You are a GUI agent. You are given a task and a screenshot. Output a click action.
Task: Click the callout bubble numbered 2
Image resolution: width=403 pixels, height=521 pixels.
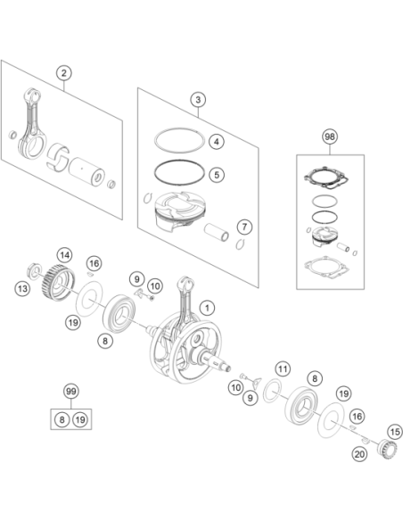point(63,73)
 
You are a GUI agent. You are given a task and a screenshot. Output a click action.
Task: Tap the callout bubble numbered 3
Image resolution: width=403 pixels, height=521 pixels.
point(198,99)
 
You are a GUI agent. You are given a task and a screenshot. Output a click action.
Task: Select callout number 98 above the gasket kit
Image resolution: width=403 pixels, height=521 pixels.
point(330,136)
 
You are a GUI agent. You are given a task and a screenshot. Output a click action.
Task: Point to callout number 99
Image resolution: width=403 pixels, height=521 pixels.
point(71,391)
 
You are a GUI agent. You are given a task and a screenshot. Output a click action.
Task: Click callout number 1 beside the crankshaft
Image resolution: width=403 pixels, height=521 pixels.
point(207,308)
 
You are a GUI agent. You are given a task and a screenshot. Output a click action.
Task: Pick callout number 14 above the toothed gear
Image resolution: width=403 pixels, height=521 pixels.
point(64,255)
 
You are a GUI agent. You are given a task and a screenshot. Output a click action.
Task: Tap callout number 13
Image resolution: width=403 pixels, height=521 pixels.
point(22,288)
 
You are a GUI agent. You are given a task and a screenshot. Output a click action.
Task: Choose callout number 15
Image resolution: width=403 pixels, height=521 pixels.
point(395,432)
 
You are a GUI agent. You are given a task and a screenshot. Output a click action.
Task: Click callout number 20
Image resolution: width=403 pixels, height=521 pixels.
point(359,454)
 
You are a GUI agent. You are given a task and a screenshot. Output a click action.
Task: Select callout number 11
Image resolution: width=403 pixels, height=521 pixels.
point(283,368)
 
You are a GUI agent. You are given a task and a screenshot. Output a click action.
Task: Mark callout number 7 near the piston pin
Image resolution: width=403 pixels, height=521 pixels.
point(244,227)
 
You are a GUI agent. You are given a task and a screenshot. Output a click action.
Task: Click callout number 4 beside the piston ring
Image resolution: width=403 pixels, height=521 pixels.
point(217,142)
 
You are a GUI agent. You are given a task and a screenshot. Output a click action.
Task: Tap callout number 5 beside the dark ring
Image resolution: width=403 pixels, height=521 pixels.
point(217,175)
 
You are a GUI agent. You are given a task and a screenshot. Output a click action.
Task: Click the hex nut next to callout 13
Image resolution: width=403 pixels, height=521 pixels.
point(34,270)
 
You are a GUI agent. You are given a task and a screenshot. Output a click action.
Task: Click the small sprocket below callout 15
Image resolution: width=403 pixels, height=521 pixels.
point(387,449)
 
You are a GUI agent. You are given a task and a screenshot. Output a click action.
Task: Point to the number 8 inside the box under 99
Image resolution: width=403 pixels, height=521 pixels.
point(62,419)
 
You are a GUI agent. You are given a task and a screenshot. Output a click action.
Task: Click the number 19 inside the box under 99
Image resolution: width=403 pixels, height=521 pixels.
point(80,419)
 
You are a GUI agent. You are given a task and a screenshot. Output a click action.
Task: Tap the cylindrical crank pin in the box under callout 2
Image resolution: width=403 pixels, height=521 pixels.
point(87,171)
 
